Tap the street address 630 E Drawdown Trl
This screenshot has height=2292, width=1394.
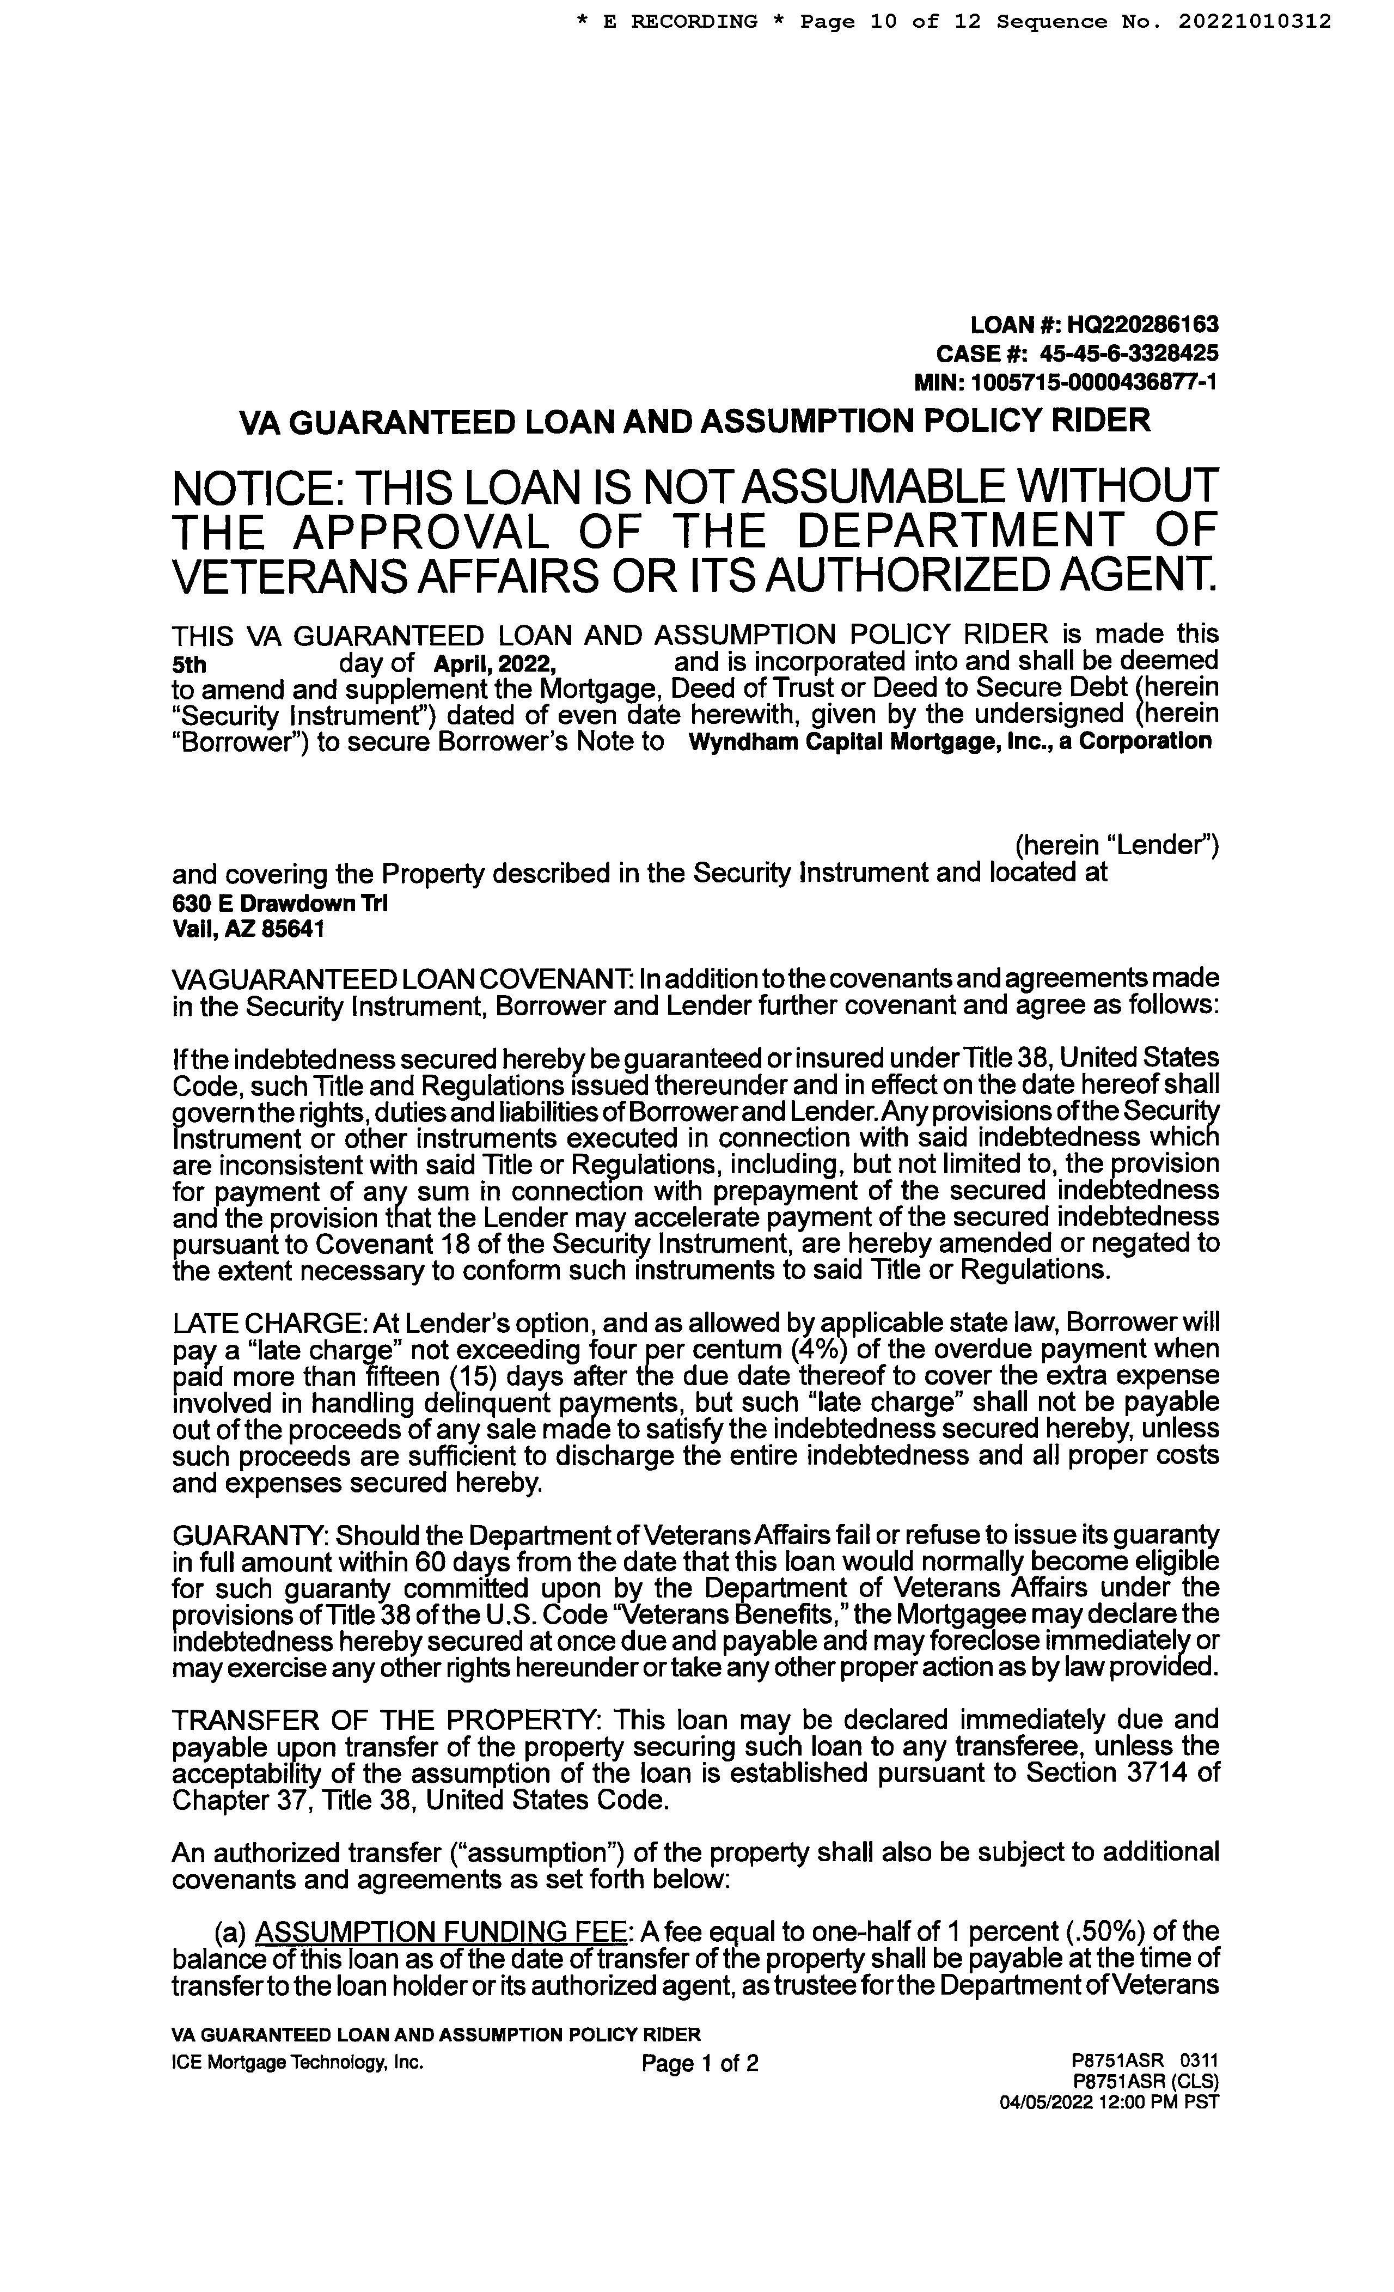click(280, 903)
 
